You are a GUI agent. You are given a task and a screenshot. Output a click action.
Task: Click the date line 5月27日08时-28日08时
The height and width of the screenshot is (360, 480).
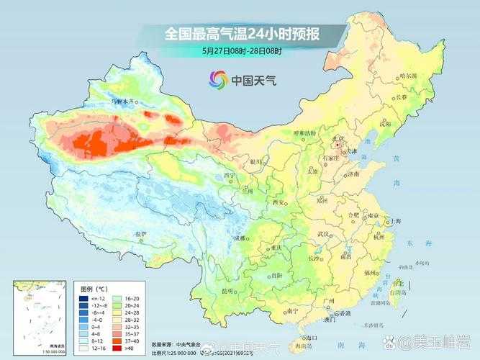242,50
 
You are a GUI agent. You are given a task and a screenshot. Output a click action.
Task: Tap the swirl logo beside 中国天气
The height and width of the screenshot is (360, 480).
217,79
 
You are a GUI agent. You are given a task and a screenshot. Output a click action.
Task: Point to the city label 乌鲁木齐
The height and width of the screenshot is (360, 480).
123,102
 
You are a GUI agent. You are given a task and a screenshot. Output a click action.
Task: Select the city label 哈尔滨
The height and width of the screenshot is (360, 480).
408,76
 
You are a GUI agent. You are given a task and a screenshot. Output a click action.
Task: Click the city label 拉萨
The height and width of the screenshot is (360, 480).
140,235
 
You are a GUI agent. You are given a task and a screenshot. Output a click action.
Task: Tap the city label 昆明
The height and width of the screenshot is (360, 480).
228,290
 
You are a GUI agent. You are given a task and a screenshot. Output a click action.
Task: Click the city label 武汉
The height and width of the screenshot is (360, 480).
326,234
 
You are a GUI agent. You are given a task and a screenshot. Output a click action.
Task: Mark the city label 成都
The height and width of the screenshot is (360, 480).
240,238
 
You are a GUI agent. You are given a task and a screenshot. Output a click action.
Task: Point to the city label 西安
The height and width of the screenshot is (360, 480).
279,202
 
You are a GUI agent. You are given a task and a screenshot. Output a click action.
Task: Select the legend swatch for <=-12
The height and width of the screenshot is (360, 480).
84,297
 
